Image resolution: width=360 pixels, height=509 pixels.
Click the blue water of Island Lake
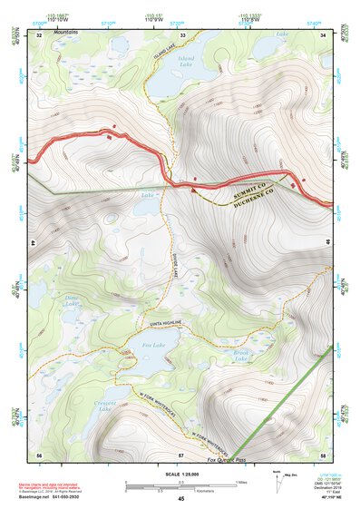[168, 82]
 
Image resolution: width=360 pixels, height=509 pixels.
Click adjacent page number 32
[38, 34]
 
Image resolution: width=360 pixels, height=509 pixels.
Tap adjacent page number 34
[324, 34]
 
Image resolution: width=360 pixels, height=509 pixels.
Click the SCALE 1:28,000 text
[180, 472]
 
